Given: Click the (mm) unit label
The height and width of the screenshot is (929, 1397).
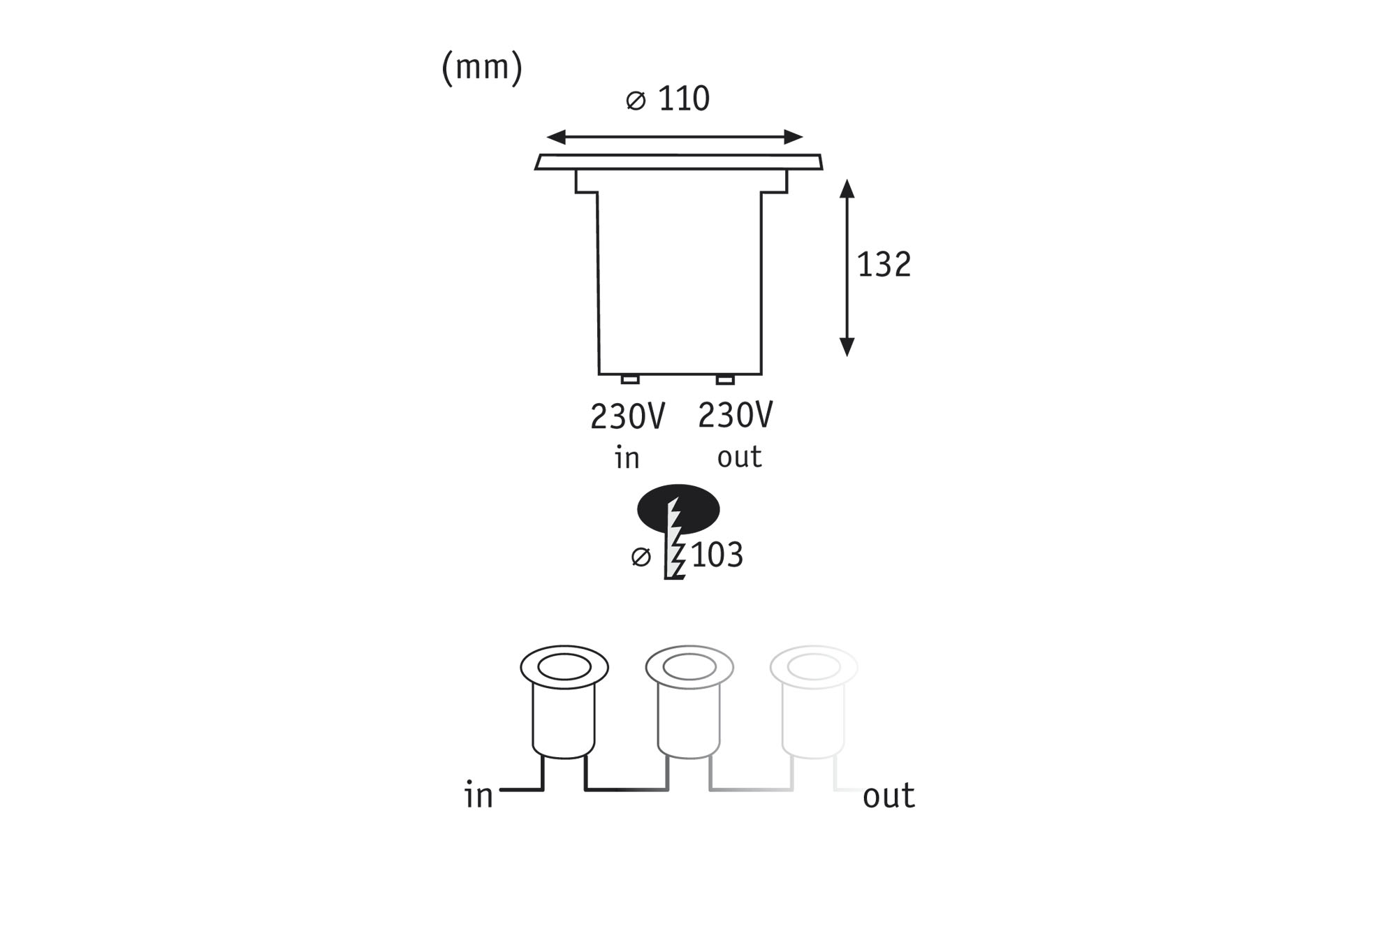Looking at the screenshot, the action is (482, 68).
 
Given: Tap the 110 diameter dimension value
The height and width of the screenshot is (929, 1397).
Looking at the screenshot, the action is (684, 98).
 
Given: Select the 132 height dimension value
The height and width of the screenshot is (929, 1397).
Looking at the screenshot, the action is (884, 265).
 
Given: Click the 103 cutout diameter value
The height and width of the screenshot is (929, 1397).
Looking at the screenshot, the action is (717, 555).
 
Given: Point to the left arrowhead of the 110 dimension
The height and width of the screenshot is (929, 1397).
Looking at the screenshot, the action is (556, 137).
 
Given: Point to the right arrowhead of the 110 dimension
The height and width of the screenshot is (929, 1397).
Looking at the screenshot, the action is (793, 137).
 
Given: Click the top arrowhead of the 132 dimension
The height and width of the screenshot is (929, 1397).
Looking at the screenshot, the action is (847, 189).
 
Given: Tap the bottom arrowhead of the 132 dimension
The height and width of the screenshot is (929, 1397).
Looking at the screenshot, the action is (847, 347).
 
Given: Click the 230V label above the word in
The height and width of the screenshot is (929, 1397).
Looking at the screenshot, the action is (627, 417).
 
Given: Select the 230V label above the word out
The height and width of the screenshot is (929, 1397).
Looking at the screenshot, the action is (736, 415).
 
